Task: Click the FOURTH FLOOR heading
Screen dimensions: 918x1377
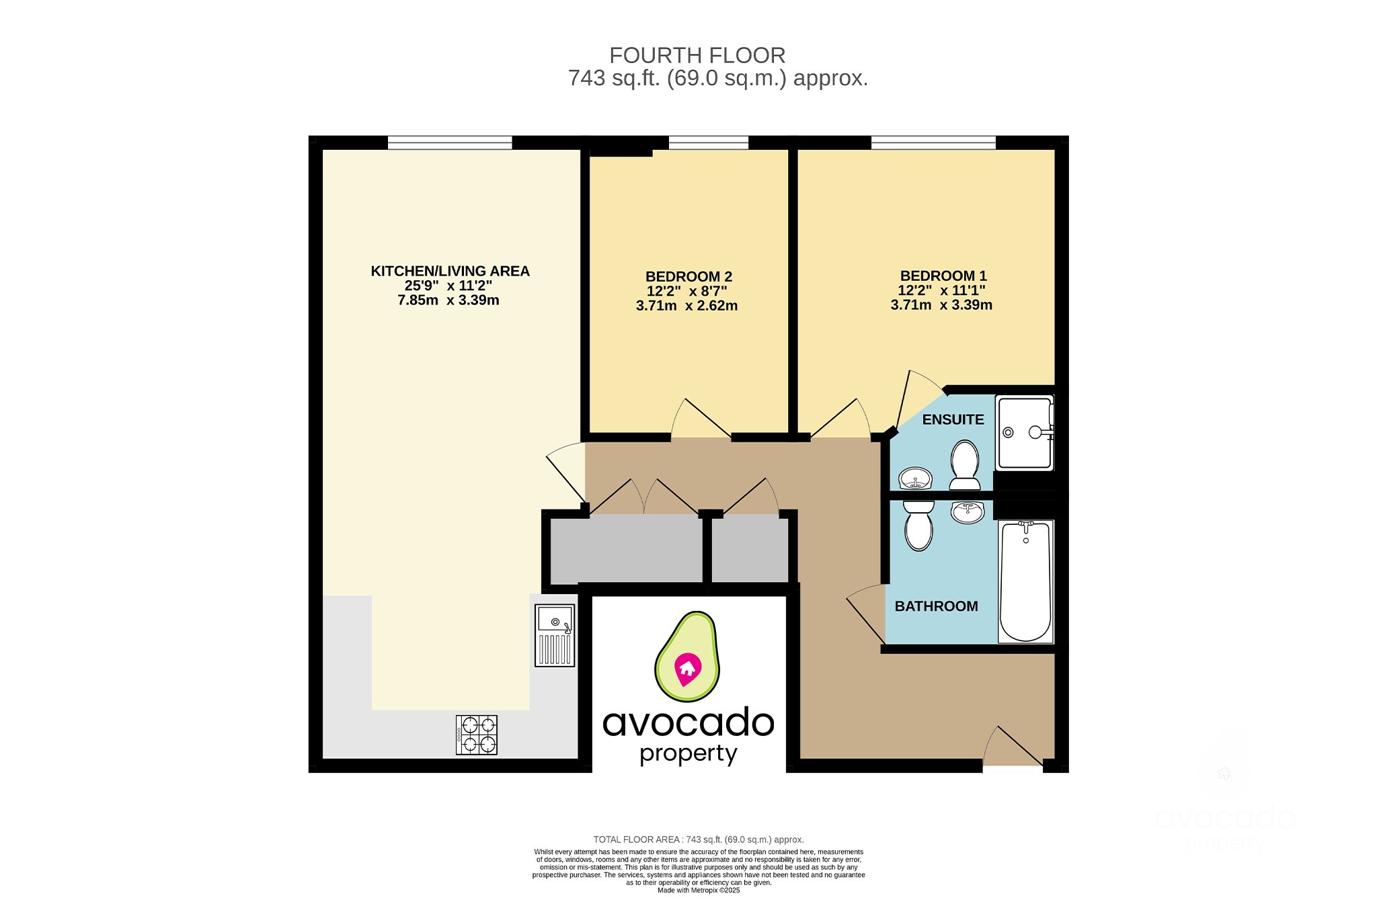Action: coord(697,55)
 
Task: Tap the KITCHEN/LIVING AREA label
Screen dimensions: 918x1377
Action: coord(450,271)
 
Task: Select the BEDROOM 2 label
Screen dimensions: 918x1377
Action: coord(688,276)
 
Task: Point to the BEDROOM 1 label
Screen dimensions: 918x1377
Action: coord(943,276)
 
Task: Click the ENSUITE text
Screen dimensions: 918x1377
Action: coord(952,419)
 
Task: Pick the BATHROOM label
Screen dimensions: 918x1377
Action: coord(935,606)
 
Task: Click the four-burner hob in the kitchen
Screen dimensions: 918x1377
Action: coord(477,735)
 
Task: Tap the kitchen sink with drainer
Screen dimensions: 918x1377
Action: coord(555,635)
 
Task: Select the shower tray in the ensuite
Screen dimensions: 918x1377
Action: coord(1024,433)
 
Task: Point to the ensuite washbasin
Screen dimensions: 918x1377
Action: coord(915,478)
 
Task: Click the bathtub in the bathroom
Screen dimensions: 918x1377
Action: coord(1025,581)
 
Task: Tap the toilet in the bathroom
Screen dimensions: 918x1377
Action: coord(918,526)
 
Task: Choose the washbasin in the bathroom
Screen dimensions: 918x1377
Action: coord(968,512)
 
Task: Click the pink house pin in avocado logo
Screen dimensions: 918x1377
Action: coord(687,669)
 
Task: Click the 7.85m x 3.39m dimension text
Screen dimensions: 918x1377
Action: coord(448,300)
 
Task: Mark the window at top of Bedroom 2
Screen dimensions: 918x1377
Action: coord(708,142)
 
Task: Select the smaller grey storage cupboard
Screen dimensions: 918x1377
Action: coord(750,548)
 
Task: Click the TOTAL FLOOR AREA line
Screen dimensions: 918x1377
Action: coord(699,839)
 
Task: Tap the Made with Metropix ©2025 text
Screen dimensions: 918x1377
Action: coord(699,890)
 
